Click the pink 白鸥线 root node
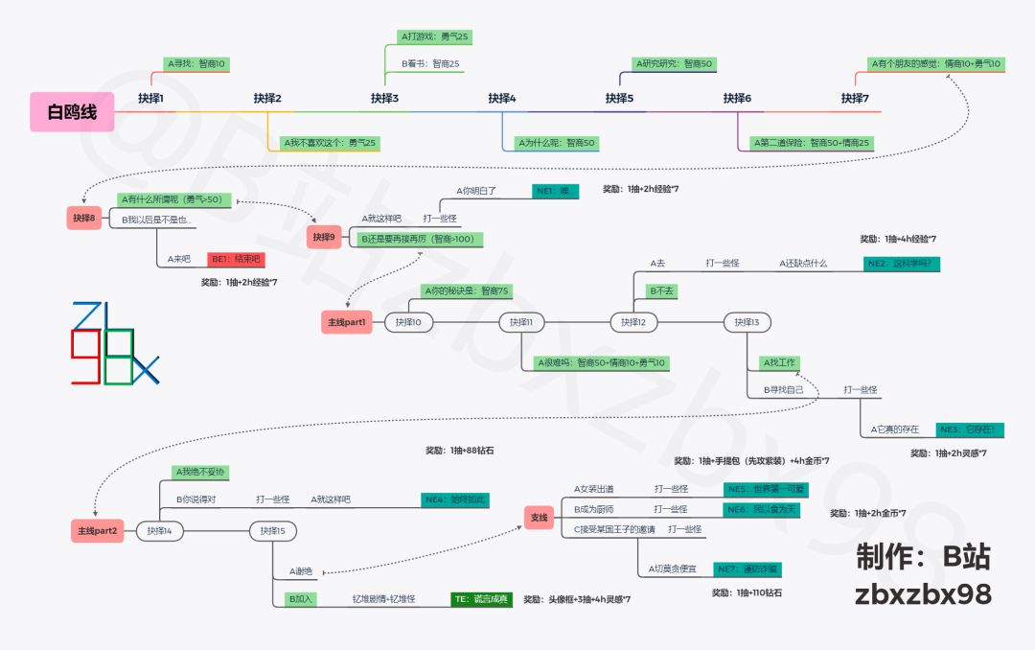[72, 112]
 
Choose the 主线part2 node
[97, 531]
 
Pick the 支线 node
[540, 518]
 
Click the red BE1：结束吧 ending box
[234, 259]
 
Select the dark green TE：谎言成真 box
[482, 599]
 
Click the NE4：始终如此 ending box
[455, 499]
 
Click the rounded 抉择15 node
[273, 531]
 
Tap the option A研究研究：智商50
[674, 64]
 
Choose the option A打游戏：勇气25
[434, 36]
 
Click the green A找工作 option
[777, 362]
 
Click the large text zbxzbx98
[923, 594]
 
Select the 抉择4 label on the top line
[502, 98]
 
